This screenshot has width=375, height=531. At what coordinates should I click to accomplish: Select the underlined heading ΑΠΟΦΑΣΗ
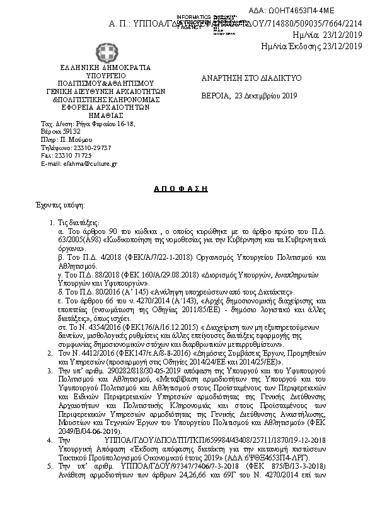click(x=181, y=189)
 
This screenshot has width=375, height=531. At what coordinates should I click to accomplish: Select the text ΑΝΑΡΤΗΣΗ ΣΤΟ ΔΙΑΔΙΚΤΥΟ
click(x=242, y=78)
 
